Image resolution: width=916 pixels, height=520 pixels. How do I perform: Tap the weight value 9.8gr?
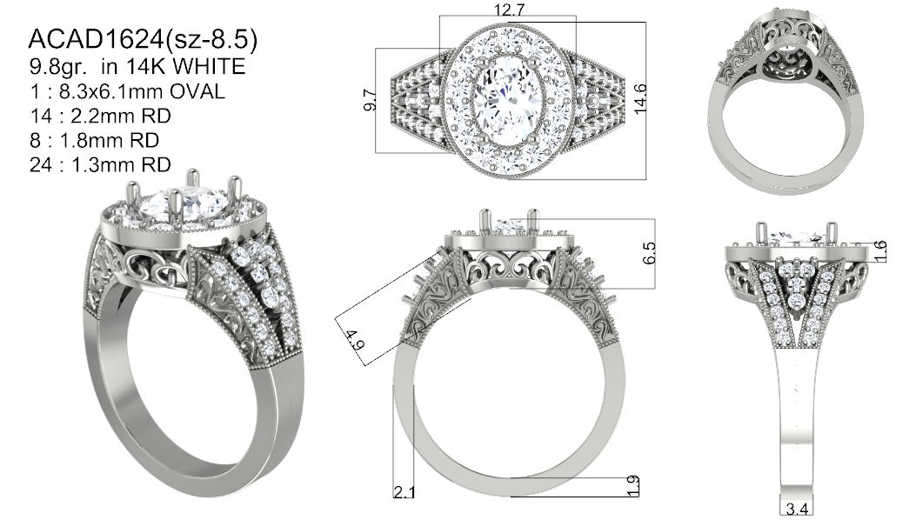[x=58, y=67]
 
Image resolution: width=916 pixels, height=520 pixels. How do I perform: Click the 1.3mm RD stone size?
[x=121, y=164]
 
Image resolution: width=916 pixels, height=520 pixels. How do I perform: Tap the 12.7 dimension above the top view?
[x=509, y=10]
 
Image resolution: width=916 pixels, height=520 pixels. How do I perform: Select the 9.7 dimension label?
[x=369, y=100]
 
